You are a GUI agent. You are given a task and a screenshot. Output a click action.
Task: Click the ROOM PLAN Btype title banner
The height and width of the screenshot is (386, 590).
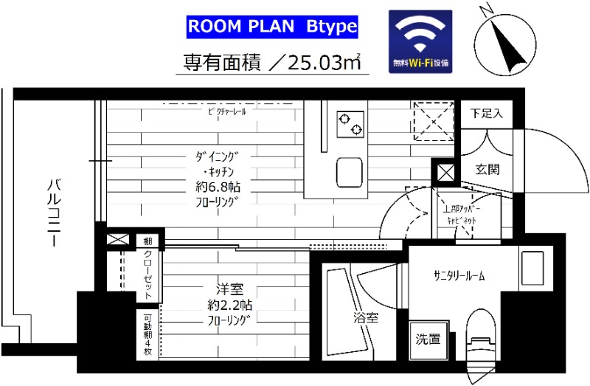coord(272,27)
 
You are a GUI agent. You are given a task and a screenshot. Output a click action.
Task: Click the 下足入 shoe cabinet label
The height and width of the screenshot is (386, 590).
coord(487,114)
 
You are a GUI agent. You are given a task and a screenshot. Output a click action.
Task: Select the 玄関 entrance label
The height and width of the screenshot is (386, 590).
coord(487,169)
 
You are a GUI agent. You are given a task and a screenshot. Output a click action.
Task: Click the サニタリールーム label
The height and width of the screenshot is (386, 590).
coord(459,276)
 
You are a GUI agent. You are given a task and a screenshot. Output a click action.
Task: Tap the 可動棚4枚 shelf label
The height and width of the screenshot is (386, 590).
coord(147,337)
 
